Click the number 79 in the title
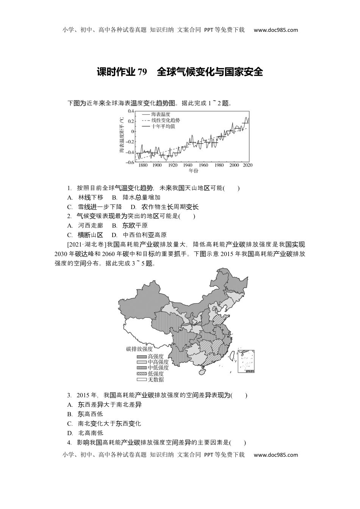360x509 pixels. [142, 72]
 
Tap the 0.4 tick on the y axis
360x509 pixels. [131, 111]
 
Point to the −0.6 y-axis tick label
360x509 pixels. [130, 162]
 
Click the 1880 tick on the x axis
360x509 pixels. [143, 166]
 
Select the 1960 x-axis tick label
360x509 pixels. [203, 166]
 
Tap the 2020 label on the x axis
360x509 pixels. [247, 166]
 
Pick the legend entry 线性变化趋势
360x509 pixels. [166, 120]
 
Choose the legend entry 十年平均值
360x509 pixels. [163, 126]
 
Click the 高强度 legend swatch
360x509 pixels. [142, 356]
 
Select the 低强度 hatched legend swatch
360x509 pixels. [142, 373]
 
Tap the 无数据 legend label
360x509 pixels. [156, 379]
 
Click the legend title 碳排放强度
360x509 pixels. [139, 349]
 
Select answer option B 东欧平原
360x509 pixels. [131, 226]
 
